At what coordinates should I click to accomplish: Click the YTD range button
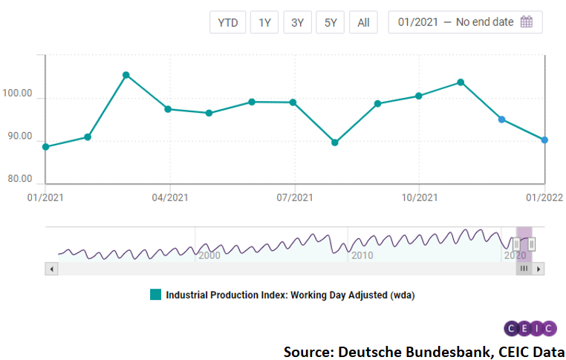point(227,22)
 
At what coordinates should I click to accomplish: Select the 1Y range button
point(264,22)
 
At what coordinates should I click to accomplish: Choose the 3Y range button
point(297,22)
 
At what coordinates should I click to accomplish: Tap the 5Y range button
point(330,22)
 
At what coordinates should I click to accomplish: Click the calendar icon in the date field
point(527,22)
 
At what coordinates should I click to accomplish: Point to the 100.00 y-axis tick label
point(18,94)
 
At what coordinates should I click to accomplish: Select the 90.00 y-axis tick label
point(18,137)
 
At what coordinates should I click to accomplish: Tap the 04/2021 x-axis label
point(170,197)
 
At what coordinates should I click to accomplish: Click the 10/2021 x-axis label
point(419,197)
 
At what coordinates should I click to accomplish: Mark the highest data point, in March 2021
point(126,75)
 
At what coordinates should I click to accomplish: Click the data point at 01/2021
point(46,147)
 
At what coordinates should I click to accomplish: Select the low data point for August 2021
point(334,143)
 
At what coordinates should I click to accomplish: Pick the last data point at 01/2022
point(544,140)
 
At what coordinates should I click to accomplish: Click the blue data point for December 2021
point(502,120)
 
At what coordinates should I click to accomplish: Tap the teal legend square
point(155,295)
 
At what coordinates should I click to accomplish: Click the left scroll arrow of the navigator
point(51,269)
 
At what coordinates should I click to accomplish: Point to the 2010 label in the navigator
point(362,255)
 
